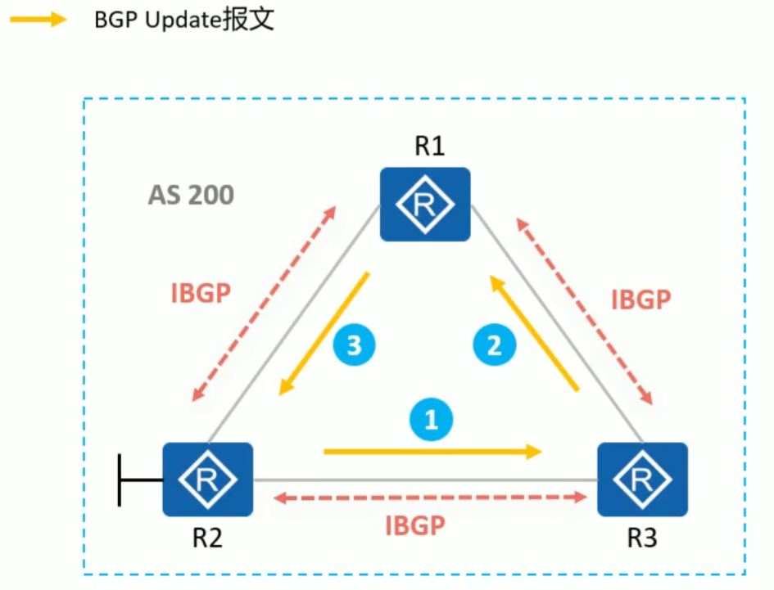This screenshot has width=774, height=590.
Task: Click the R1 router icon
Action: [424, 204]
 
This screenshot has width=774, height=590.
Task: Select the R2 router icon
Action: [207, 480]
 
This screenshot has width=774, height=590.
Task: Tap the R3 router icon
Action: [642, 480]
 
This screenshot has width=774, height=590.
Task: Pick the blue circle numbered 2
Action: [495, 346]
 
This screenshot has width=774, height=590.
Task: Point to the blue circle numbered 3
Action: [354, 346]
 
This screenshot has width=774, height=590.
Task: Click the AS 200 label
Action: [191, 195]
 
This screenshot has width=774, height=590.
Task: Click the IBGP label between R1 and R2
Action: [201, 293]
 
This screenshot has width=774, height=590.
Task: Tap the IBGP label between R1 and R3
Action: [641, 300]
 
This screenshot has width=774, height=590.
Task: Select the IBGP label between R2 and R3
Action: [414, 525]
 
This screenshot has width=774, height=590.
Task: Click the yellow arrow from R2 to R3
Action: [434, 450]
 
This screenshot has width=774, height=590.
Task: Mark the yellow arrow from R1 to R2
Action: [324, 333]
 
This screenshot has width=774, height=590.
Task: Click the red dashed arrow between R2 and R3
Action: [431, 497]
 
